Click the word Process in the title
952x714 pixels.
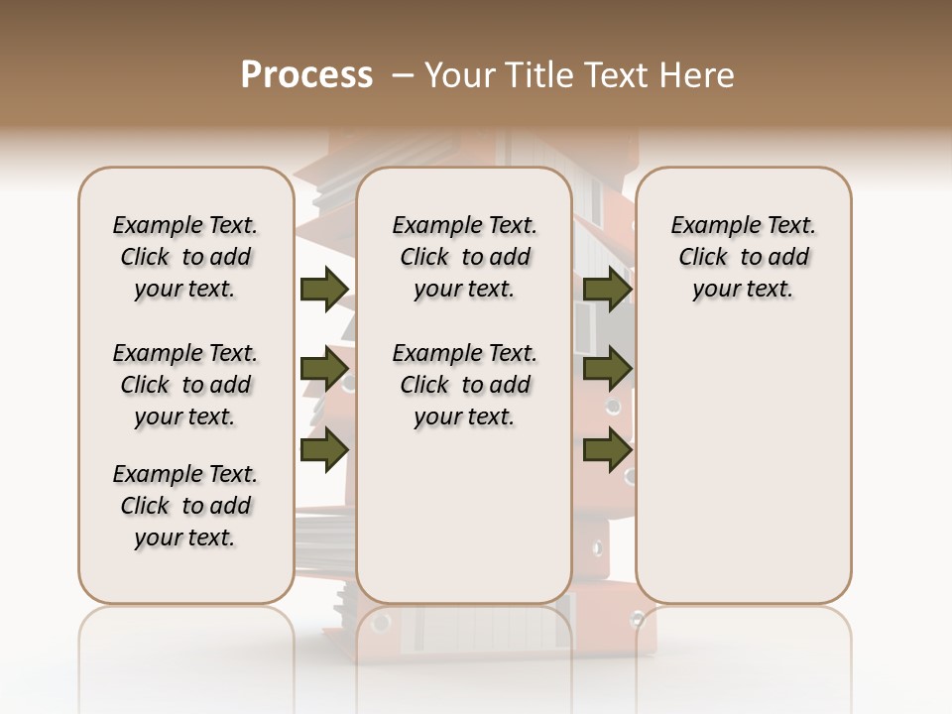pyautogui.click(x=306, y=74)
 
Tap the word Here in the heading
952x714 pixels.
pyautogui.click(x=698, y=74)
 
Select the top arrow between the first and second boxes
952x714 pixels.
pyautogui.click(x=323, y=290)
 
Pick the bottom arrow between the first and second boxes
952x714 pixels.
pyautogui.click(x=323, y=450)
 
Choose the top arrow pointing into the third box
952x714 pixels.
pyautogui.click(x=607, y=290)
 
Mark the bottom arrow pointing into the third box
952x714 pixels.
pyautogui.click(x=607, y=450)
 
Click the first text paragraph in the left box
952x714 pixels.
pyautogui.click(x=185, y=257)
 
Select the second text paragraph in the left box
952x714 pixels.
pyautogui.click(x=185, y=385)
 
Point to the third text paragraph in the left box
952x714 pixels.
pyautogui.click(x=185, y=506)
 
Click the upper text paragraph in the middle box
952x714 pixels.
pyautogui.click(x=464, y=257)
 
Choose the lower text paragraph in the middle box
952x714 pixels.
pyautogui.click(x=464, y=385)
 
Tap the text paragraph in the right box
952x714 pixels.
pyautogui.click(x=743, y=257)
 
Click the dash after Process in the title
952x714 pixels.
pyautogui.click(x=402, y=74)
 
